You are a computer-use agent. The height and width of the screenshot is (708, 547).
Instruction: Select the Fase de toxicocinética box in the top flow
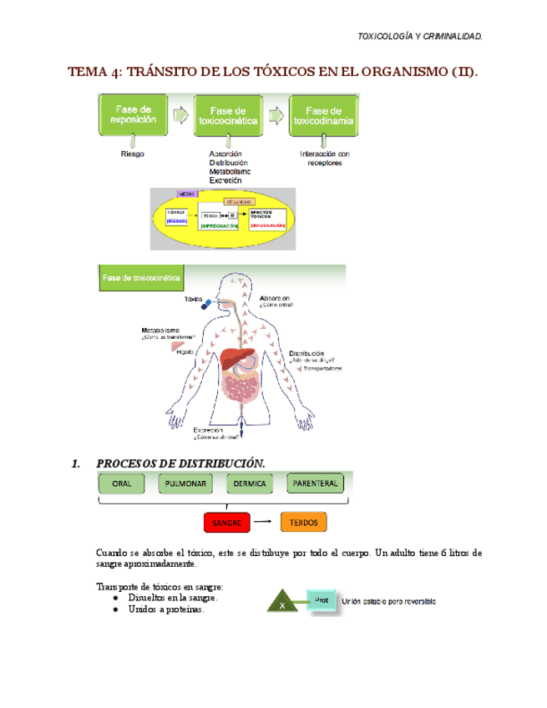tap(228, 114)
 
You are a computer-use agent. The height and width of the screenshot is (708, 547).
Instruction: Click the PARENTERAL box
tap(314, 483)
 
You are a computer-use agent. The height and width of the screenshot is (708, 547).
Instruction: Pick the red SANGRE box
tap(227, 523)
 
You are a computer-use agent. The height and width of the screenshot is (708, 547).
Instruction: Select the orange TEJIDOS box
tap(304, 523)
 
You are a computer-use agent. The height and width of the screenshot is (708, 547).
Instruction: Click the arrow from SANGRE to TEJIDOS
tap(265, 523)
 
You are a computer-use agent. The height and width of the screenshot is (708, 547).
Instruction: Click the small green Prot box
tap(321, 599)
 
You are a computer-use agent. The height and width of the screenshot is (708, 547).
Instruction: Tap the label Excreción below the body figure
tap(210, 428)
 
